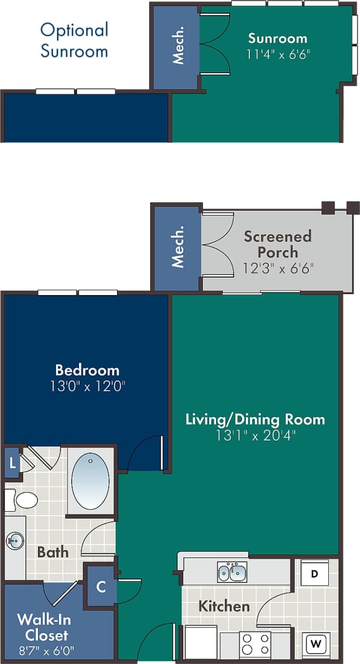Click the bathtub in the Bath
(90, 480)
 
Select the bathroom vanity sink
(15, 540)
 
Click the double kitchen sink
(232, 572)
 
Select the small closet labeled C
(101, 585)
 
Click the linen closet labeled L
(12, 463)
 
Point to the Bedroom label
(87, 370)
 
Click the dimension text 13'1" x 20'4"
(256, 435)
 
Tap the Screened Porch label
(278, 243)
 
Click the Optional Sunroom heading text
(74, 40)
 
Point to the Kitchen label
(224, 606)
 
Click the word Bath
(53, 552)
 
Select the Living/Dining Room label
(255, 419)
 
